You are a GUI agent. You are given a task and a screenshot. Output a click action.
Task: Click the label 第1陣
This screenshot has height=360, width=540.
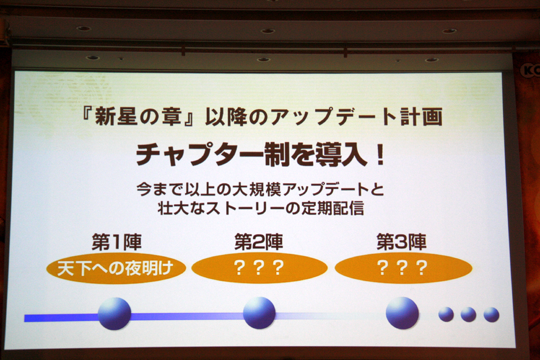[x=117, y=242]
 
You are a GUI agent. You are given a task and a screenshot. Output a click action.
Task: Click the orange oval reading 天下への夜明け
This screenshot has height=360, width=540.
[x=116, y=268]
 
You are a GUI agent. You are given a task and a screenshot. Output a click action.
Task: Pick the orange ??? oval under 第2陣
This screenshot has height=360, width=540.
[x=259, y=268]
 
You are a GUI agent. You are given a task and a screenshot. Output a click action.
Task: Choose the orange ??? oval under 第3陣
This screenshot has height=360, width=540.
[x=403, y=268]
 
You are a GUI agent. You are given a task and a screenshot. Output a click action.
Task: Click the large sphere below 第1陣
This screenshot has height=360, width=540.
[x=114, y=314]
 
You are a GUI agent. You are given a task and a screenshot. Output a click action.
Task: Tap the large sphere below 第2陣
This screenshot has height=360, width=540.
[x=259, y=313]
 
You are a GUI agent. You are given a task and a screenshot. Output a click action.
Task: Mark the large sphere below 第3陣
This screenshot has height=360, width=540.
[x=402, y=313]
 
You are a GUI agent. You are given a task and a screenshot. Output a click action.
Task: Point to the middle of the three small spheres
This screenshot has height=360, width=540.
[x=468, y=315]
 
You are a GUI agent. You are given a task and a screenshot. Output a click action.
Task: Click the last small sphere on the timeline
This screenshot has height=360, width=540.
[x=491, y=315]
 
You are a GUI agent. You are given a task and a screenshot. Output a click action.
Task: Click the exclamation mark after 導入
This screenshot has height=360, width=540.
[x=380, y=155]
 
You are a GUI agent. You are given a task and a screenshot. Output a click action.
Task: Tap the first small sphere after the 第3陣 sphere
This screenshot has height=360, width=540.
[x=446, y=315]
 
